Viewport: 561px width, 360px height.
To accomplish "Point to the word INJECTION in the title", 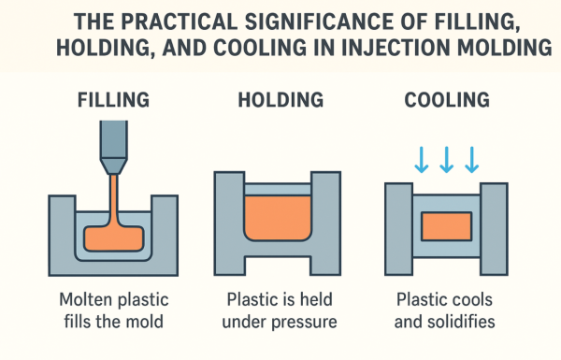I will point(392,47).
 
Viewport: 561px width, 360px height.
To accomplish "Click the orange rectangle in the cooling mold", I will point(445,225).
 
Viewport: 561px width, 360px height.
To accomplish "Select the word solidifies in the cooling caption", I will point(464,324).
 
